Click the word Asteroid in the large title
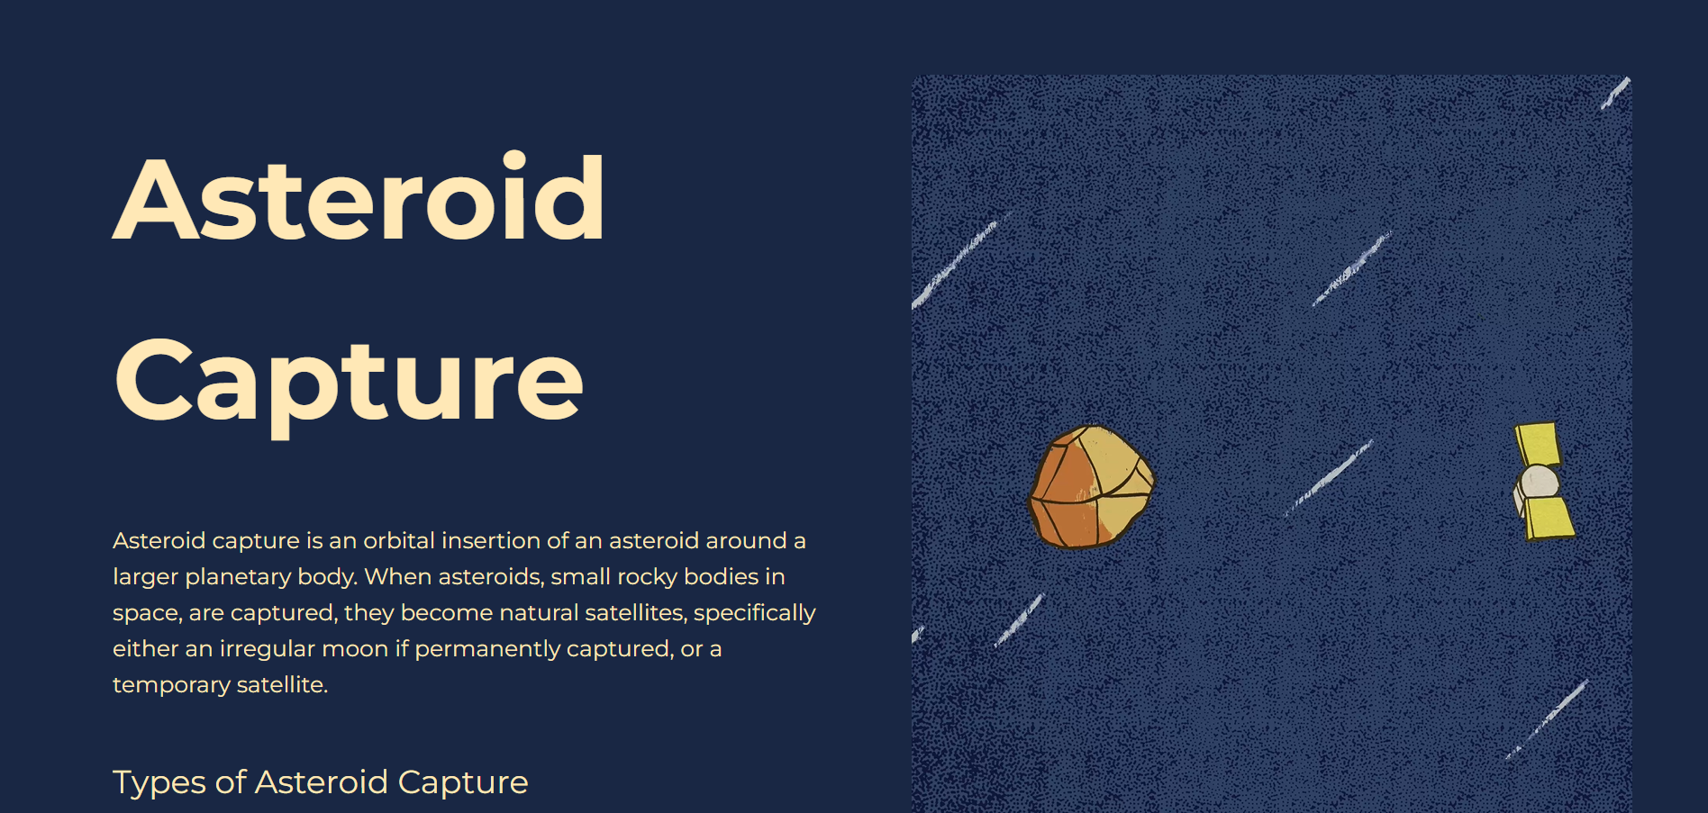359,199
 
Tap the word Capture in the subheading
462,782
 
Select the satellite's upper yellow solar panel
1537,443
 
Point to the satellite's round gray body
1538,482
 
